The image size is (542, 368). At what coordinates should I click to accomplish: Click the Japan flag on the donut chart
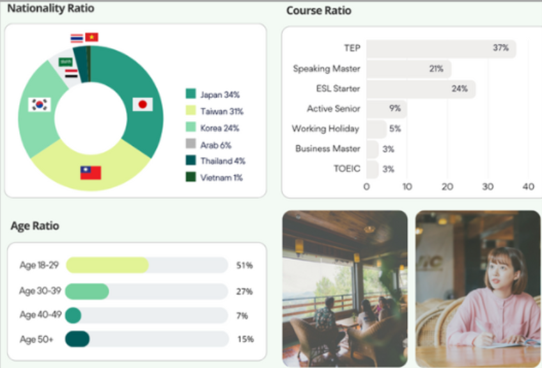point(143,104)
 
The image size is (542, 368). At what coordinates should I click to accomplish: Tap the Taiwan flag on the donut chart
point(91,172)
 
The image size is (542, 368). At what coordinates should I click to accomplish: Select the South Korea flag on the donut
point(40,104)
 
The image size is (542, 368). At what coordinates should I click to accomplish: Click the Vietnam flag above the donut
point(92,37)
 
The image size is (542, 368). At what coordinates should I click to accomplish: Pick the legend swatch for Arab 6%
point(190,144)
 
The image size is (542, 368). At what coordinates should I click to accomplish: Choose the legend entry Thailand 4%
point(222,161)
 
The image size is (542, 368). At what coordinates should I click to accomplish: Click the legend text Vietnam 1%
point(221,177)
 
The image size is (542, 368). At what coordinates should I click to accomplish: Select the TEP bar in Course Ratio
point(441,48)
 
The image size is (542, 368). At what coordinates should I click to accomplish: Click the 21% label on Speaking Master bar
point(437,68)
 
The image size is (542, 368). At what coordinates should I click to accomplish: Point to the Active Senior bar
point(386,109)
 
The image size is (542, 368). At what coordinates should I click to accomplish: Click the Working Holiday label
point(325,129)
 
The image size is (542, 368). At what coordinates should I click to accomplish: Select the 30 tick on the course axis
point(488,186)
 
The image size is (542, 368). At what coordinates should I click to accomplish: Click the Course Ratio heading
point(318,11)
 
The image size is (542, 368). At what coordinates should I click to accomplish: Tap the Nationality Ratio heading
point(50,8)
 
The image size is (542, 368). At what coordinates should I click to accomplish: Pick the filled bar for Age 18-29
point(107,265)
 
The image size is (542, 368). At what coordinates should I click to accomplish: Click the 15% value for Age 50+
point(245,339)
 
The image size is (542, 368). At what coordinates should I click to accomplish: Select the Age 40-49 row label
point(40,315)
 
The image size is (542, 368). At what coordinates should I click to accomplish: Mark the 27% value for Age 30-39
point(245,291)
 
